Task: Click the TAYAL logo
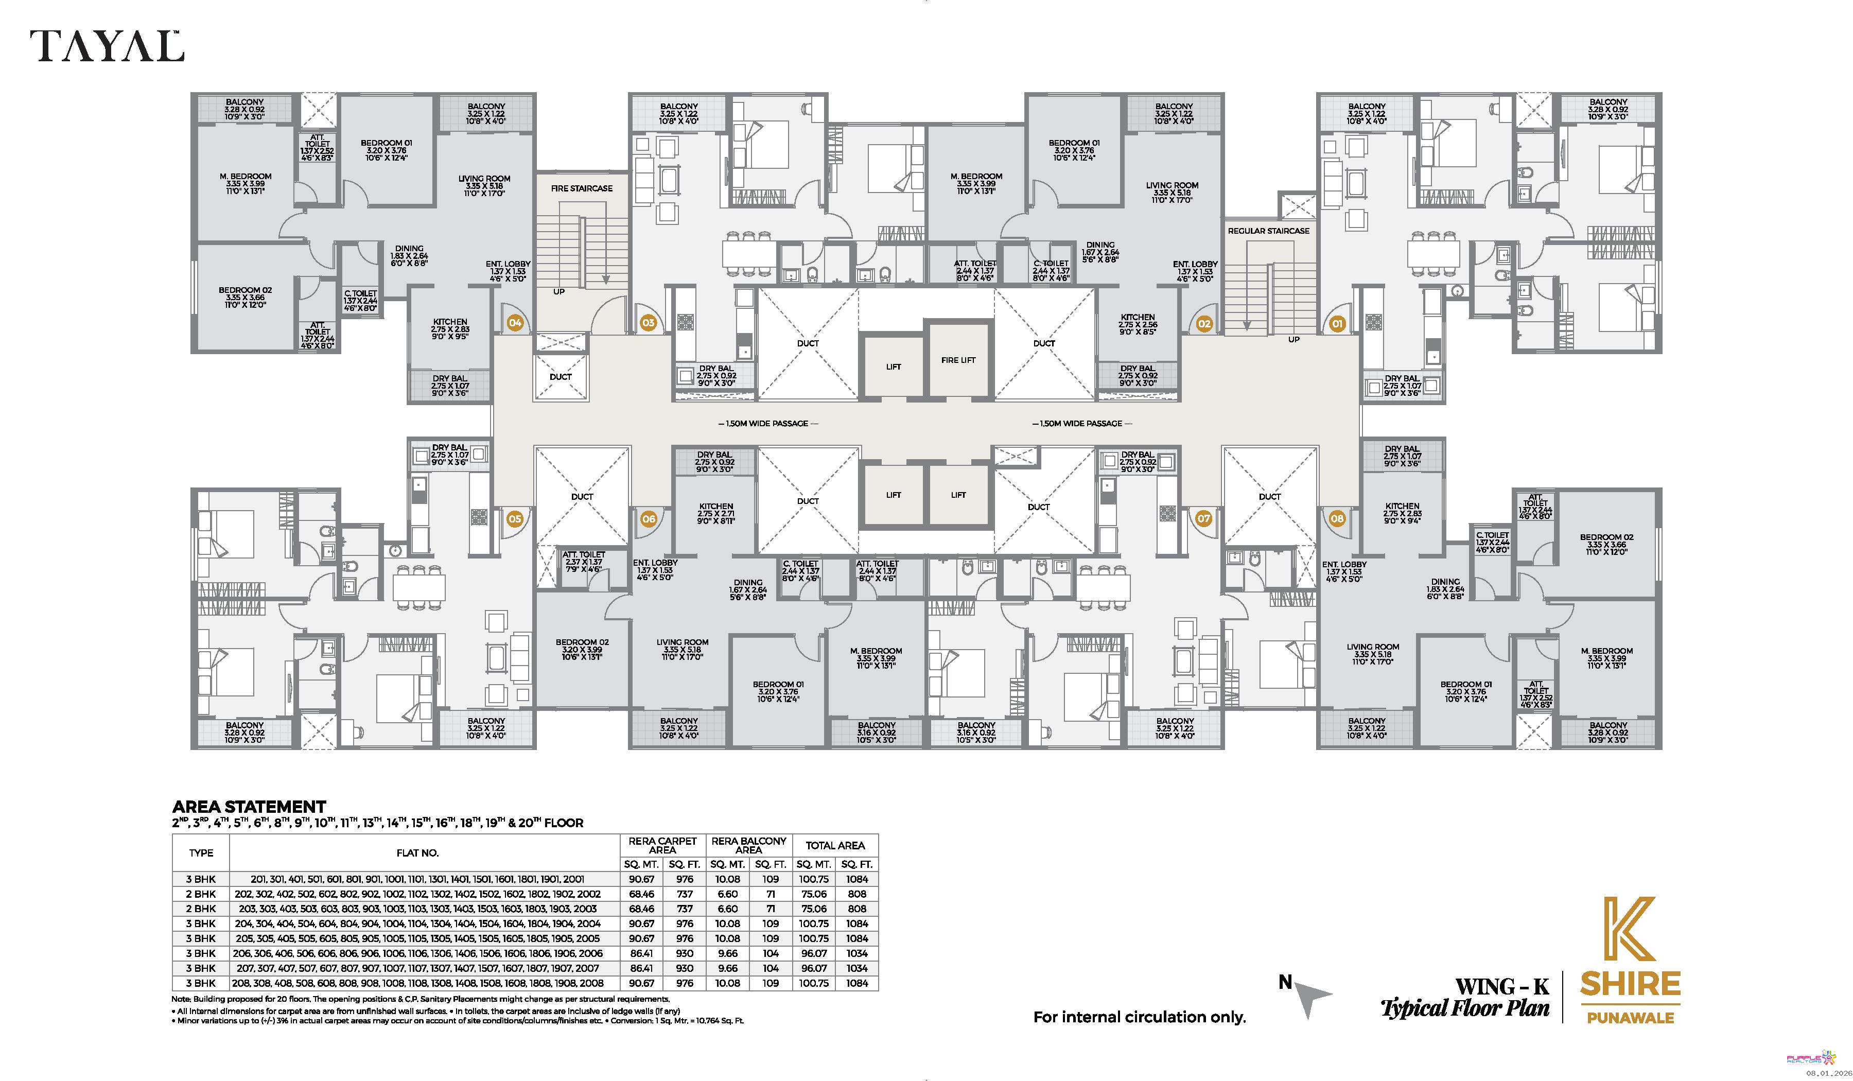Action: point(107,46)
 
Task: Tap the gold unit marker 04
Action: point(515,323)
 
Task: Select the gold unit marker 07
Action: point(1204,518)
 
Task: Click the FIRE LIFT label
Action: point(958,360)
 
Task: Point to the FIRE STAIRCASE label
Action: point(582,188)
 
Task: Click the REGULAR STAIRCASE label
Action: point(1268,231)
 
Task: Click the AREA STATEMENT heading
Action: point(249,807)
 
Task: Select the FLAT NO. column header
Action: point(417,853)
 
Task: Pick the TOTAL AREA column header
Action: point(835,846)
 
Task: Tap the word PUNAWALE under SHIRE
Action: point(1630,1018)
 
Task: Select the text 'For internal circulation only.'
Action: point(1140,1017)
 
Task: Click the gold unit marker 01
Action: point(1337,323)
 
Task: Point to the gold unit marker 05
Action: point(515,518)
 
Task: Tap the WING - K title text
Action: point(1502,986)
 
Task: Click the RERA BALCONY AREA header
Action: point(748,845)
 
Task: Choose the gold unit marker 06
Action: point(648,518)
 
